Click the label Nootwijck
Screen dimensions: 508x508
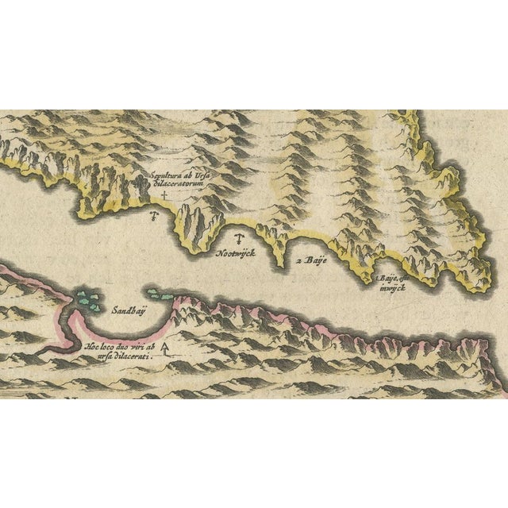click(237, 256)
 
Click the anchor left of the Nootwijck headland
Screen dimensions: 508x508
click(156, 214)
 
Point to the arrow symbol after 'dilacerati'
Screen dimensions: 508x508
click(165, 349)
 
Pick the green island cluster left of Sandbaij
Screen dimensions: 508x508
click(89, 299)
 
